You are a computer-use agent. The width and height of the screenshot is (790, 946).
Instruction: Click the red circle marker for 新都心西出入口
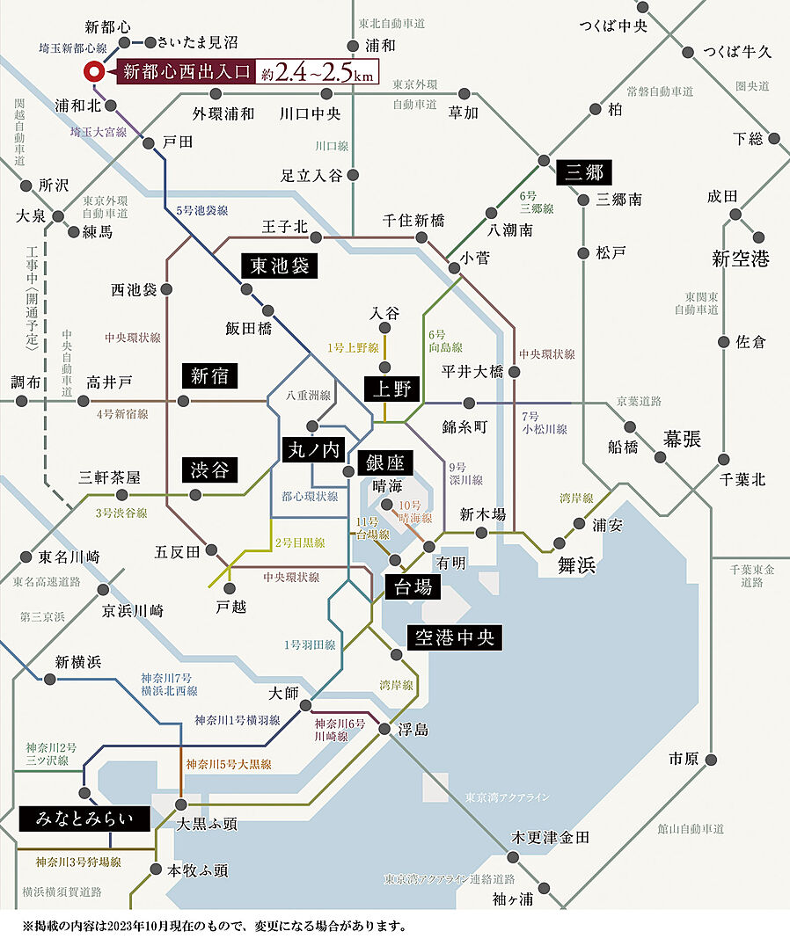tap(92, 72)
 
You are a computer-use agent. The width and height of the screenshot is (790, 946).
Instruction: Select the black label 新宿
tap(209, 376)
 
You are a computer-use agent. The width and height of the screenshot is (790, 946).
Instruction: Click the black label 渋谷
tap(209, 469)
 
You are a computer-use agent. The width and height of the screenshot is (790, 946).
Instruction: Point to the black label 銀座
tap(385, 462)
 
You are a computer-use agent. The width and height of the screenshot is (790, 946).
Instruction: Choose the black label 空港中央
tap(454, 637)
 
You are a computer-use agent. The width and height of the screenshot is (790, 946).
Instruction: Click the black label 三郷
tap(585, 172)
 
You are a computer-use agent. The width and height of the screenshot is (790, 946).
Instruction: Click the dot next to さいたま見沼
tap(150, 41)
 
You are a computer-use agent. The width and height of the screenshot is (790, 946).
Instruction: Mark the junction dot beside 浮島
tap(384, 729)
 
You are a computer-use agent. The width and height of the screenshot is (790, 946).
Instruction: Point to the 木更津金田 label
tap(552, 837)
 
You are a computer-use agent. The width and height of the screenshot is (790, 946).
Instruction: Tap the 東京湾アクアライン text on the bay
tap(508, 797)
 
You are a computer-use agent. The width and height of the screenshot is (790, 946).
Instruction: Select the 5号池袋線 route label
tap(201, 211)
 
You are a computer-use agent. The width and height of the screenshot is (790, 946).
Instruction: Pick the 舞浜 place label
tap(577, 565)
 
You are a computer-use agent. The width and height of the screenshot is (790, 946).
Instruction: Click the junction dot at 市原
tap(712, 759)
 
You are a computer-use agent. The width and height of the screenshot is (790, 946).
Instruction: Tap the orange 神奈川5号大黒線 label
tap(228, 765)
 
